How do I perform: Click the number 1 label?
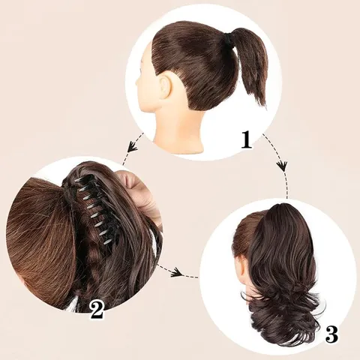[246, 139]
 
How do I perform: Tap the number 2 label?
[97, 309]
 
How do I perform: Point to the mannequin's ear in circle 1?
[164, 85]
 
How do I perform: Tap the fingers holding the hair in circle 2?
[137, 190]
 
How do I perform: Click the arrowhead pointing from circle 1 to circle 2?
[131, 147]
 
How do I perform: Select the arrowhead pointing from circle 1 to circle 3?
[283, 166]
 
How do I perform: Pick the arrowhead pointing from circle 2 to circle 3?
[176, 271]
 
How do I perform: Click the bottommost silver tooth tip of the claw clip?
[107, 242]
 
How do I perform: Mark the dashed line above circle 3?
[287, 185]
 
